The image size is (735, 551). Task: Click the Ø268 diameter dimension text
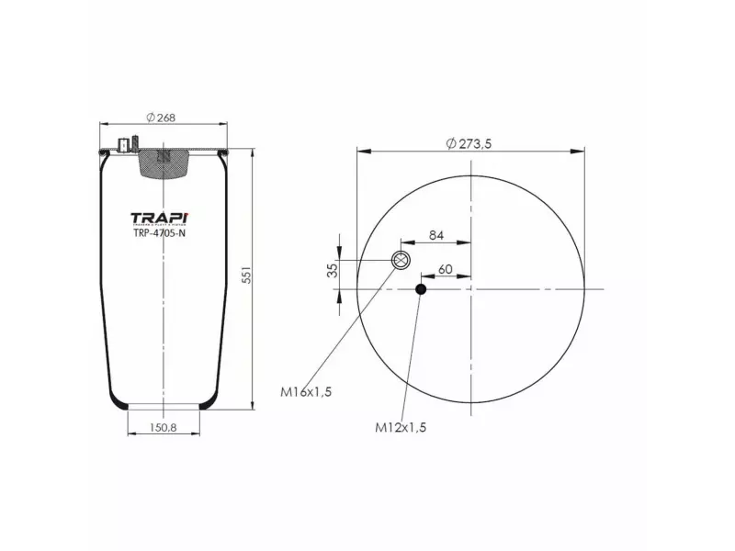pyautogui.click(x=162, y=117)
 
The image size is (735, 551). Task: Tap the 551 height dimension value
pyautogui.click(x=246, y=277)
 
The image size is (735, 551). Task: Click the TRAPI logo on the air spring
pyautogui.click(x=160, y=218)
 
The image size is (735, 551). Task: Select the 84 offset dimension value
pyautogui.click(x=436, y=236)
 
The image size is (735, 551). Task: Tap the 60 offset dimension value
pyautogui.click(x=446, y=269)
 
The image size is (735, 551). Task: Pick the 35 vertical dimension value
pyautogui.click(x=333, y=269)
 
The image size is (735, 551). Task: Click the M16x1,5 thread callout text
pyautogui.click(x=305, y=391)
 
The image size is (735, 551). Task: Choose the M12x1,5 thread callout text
pyautogui.click(x=400, y=427)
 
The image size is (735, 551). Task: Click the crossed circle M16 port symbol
pyautogui.click(x=401, y=260)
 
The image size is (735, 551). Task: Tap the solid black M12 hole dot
pyautogui.click(x=421, y=290)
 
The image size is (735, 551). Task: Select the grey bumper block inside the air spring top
pyautogui.click(x=164, y=162)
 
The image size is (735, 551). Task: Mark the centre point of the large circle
pyautogui.click(x=470, y=289)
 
